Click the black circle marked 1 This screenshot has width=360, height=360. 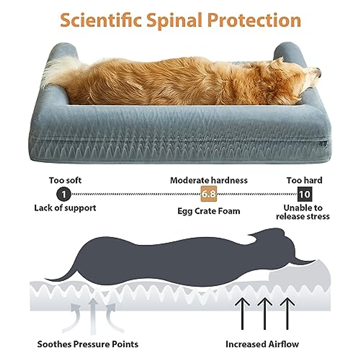tap(64, 194)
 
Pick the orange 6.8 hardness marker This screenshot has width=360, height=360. tap(208, 194)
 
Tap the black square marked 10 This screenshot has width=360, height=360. tap(304, 194)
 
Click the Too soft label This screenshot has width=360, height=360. tap(65, 180)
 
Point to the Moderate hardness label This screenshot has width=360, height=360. tap(209, 180)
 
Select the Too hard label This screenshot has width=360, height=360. tap(304, 180)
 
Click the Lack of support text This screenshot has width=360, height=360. tap(65, 208)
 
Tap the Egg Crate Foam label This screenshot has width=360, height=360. tap(209, 211)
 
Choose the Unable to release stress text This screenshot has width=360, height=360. tap(303, 212)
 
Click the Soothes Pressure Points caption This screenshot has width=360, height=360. tap(88, 344)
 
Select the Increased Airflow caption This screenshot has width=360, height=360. tap(262, 344)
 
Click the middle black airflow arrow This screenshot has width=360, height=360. tap(264, 312)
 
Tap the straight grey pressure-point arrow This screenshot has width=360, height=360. tap(93, 315)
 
